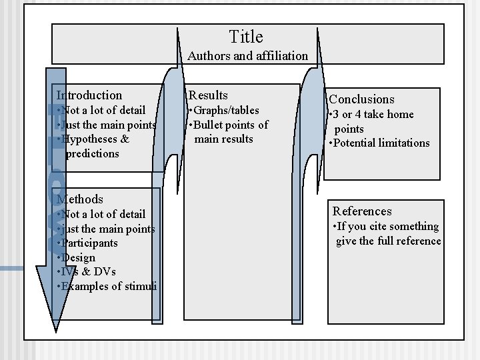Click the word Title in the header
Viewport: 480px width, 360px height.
pyautogui.click(x=246, y=37)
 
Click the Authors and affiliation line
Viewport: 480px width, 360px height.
pyautogui.click(x=247, y=56)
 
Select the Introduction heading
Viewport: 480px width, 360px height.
pyautogui.click(x=89, y=95)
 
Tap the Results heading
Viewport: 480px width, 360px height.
pyautogui.click(x=209, y=95)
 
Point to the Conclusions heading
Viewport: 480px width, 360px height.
pyautogui.click(x=361, y=99)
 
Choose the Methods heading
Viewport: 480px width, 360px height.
pyautogui.click(x=80, y=199)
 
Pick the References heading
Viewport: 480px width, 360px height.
pyautogui.click(x=362, y=211)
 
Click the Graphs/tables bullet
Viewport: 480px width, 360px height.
pyautogui.click(x=225, y=110)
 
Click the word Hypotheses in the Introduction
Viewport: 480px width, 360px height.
pyautogui.click(x=91, y=139)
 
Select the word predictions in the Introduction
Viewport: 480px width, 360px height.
pyautogui.click(x=93, y=153)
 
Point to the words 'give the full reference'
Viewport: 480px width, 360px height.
pyautogui.click(x=389, y=241)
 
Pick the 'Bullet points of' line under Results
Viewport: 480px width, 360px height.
pyautogui.click(x=229, y=125)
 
